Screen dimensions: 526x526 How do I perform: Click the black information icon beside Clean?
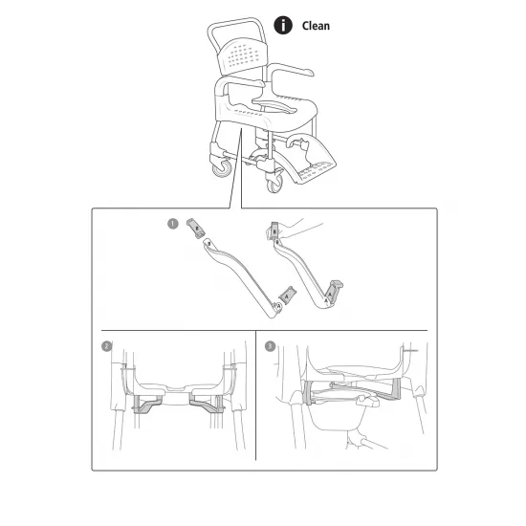283,26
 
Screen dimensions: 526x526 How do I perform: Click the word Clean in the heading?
316,26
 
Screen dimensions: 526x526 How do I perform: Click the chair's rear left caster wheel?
222,167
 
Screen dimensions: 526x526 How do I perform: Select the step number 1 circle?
172,225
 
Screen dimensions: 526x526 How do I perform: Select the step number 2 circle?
107,346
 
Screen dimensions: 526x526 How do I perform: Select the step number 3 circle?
271,346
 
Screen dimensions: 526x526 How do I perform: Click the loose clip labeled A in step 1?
289,296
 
